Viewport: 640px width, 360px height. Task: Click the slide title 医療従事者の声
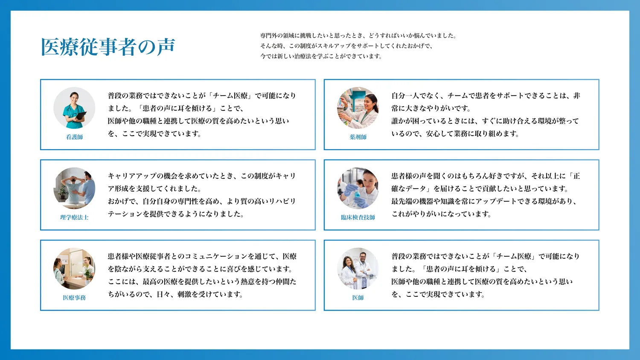pyautogui.click(x=108, y=46)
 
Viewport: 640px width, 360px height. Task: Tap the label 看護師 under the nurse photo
pyautogui.click(x=74, y=137)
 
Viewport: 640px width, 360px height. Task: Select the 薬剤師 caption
pyautogui.click(x=358, y=137)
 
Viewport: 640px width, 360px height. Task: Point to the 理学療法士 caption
pyautogui.click(x=74, y=218)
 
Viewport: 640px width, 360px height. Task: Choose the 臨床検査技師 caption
pyautogui.click(x=358, y=218)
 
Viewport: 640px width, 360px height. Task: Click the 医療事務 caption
pyautogui.click(x=74, y=298)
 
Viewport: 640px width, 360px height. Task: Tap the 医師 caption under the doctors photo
pyautogui.click(x=358, y=298)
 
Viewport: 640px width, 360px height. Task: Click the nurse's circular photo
pyautogui.click(x=74, y=108)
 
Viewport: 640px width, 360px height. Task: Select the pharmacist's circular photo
pyautogui.click(x=358, y=108)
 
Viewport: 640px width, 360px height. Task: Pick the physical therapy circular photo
pyautogui.click(x=74, y=188)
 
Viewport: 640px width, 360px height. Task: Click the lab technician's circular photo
pyautogui.click(x=358, y=188)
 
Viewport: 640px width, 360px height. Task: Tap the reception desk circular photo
pyautogui.click(x=74, y=269)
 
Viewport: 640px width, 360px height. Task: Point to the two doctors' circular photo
pyautogui.click(x=358, y=269)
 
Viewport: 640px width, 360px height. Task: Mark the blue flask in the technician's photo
pyautogui.click(x=357, y=196)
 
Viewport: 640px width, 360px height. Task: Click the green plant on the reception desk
pyautogui.click(x=87, y=273)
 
